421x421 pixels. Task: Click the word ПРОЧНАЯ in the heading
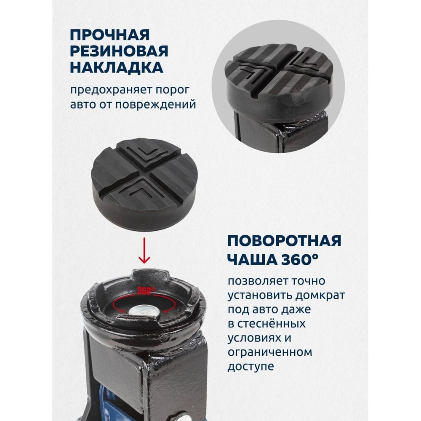109,35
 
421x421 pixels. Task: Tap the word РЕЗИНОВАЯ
119,51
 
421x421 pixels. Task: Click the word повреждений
156,105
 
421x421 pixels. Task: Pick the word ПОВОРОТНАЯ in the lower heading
284,240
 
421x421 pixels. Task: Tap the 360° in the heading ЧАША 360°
300,259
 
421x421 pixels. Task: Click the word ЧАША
252,259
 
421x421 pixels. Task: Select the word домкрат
320,296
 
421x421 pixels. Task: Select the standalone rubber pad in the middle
145,184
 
